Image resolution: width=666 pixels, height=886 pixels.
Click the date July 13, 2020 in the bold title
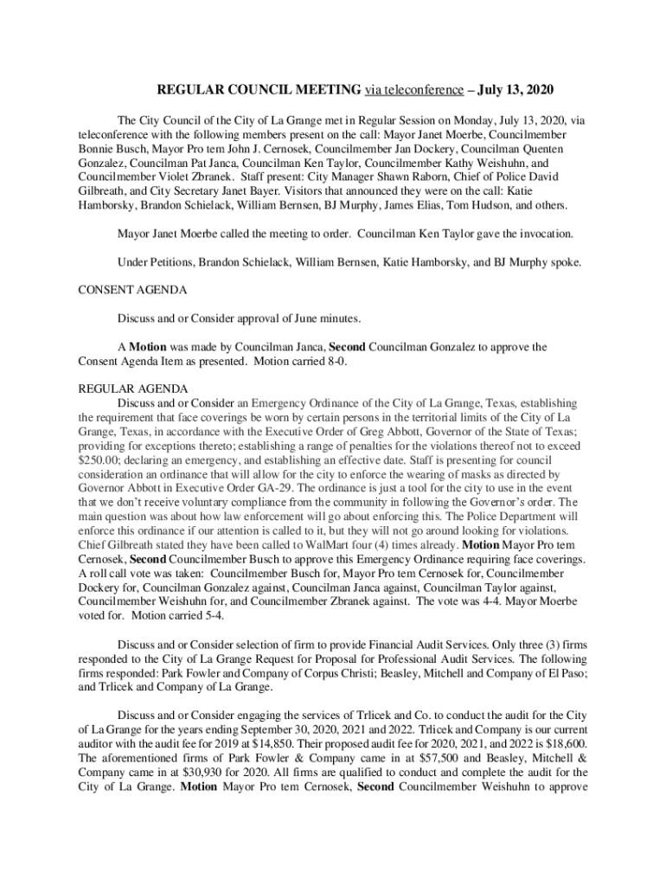(505, 90)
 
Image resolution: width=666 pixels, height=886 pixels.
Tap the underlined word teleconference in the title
(411, 90)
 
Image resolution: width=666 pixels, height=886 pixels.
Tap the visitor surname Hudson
(491, 206)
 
